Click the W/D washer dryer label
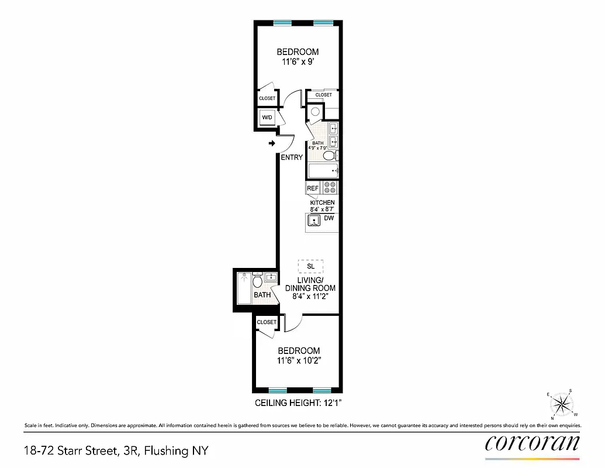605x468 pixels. [267, 118]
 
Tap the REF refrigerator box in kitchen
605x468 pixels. [313, 188]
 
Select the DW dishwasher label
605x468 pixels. [329, 218]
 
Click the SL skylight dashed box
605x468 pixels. [310, 266]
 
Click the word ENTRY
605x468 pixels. [292, 157]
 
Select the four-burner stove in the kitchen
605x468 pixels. [330, 188]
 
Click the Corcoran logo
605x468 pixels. [533, 442]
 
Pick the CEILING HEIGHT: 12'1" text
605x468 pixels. [298, 403]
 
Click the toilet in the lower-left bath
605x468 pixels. [258, 283]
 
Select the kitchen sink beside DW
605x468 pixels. [314, 221]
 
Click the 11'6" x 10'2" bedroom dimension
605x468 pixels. [298, 361]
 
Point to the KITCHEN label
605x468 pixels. [322, 202]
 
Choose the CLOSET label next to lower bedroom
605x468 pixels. [267, 322]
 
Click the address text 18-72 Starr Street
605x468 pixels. [116, 450]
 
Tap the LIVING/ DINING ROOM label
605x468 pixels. [310, 284]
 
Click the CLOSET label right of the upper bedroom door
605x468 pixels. [323, 95]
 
